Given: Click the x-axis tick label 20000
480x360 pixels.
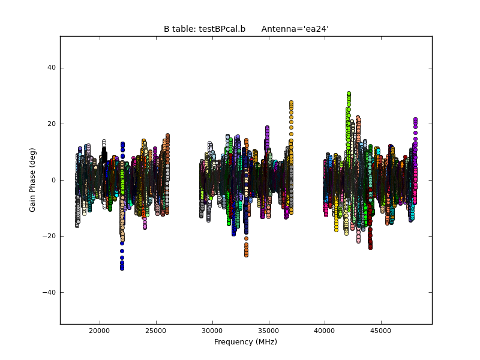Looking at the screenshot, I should (x=99, y=330).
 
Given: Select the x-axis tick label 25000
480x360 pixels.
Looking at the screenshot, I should (x=156, y=330).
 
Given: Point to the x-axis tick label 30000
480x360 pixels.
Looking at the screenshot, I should (x=212, y=330).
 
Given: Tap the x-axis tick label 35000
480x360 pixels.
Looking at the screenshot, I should (x=268, y=330).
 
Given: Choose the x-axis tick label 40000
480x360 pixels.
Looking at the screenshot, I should (x=325, y=330).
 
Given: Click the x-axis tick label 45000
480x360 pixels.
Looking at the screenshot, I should (x=381, y=330).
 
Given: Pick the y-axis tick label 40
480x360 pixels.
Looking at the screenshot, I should (x=52, y=68).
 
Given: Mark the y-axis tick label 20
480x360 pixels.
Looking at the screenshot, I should (x=52, y=124).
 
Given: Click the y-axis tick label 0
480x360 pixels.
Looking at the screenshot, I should (x=53, y=180).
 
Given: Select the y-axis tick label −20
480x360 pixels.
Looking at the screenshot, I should (x=49, y=236).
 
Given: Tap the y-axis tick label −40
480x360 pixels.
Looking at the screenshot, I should (x=49, y=292).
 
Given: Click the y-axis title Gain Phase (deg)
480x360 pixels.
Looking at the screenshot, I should (x=33, y=180).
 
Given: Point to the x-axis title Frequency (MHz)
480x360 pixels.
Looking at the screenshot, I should (x=245, y=342).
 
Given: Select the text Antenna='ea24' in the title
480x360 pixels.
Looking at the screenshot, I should (x=295, y=29).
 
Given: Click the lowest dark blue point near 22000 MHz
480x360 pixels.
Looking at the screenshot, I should (x=122, y=268).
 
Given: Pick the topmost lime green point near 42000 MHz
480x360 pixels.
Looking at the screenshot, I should (x=349, y=94).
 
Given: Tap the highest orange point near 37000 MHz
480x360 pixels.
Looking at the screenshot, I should (x=291, y=103).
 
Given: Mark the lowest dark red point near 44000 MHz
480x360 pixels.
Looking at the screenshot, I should (x=370, y=247).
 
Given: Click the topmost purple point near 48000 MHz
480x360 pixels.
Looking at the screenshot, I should (x=415, y=119).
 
